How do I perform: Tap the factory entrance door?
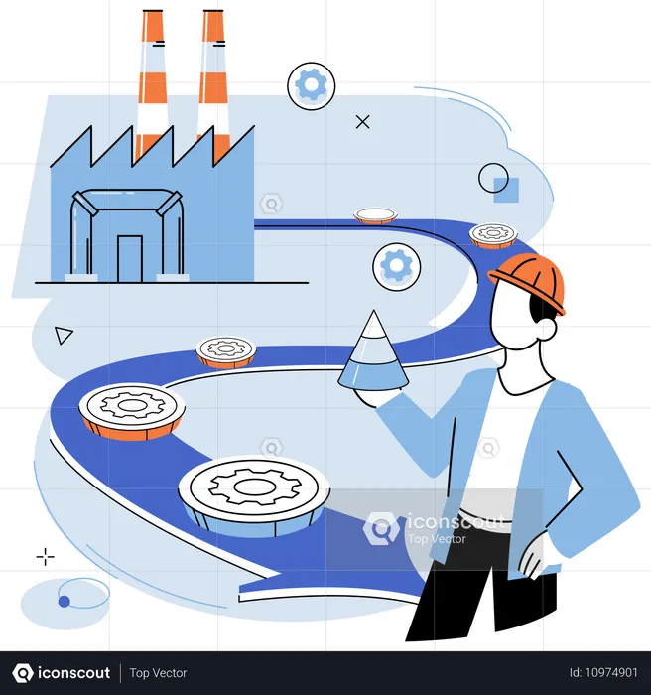click(130, 258)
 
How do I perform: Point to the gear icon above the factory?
click(312, 86)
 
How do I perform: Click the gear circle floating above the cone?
click(397, 266)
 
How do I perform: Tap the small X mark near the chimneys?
click(363, 122)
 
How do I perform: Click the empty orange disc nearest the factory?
click(376, 215)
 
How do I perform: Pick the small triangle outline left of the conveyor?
click(64, 335)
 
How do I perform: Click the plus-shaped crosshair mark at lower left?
click(46, 557)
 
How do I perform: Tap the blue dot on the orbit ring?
click(65, 601)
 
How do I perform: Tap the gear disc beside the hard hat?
click(493, 235)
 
